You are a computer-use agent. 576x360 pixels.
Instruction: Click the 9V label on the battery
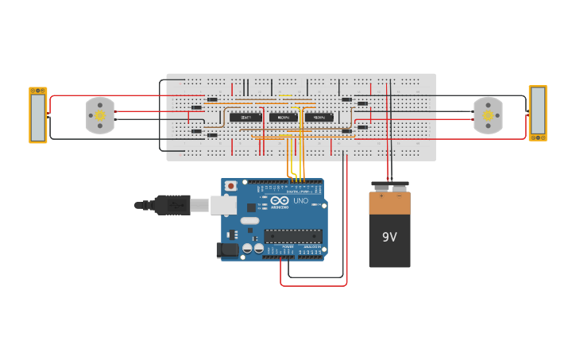(389, 237)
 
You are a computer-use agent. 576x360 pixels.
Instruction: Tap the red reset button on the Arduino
(230, 186)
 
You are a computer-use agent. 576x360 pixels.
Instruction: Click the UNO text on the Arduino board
(301, 201)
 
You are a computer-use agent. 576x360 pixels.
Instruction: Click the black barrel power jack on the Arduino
(227, 250)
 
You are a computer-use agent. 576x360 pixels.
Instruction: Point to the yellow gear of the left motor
(100, 116)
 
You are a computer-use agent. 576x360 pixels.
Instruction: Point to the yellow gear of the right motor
(488, 116)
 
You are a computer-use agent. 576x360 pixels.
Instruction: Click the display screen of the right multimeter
(538, 110)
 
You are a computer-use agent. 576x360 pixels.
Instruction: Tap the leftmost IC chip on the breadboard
(246, 117)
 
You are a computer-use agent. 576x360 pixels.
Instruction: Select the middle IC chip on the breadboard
(284, 117)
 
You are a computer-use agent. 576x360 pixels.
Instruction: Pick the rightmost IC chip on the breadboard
(319, 117)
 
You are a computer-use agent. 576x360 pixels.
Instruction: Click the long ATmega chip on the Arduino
(293, 235)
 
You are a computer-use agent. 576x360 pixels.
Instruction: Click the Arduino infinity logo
(280, 201)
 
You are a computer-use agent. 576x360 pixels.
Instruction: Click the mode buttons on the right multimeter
(538, 137)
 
